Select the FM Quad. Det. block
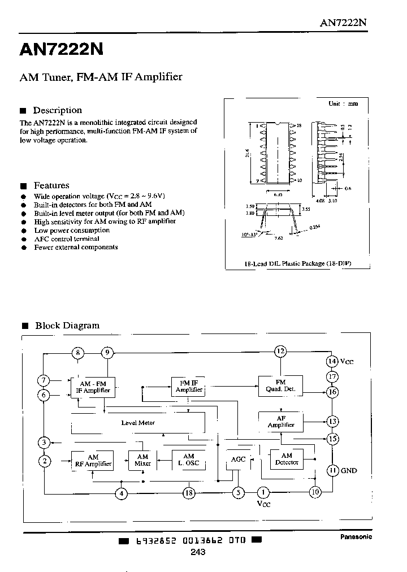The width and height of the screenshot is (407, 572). (281, 386)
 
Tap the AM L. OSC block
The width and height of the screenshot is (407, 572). (189, 460)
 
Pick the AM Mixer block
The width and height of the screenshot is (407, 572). (142, 460)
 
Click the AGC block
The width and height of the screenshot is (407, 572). (239, 460)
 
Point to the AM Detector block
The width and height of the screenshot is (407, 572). (287, 459)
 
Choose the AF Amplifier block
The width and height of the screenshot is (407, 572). (281, 422)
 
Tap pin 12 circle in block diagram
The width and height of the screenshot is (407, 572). (280, 352)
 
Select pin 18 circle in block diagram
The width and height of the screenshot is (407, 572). (189, 493)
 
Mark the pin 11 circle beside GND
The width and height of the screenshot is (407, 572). (333, 470)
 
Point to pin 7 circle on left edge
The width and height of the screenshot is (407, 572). (44, 380)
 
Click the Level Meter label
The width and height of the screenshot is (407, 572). (138, 423)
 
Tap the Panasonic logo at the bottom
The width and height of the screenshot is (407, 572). (356, 537)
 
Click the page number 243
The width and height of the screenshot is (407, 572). (198, 552)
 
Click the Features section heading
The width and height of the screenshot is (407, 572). (51, 185)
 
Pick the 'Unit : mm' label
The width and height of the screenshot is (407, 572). (343, 104)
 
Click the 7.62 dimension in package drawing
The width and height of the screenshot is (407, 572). (278, 239)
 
